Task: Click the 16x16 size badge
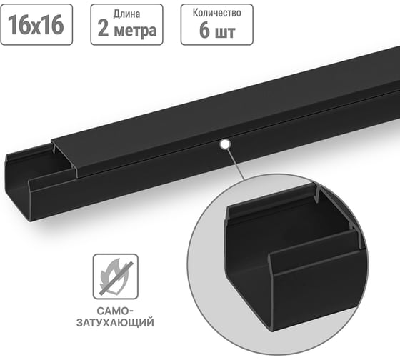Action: (x=36, y=25)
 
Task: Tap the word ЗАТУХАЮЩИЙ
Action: (x=115, y=323)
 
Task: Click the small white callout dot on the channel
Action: (x=226, y=144)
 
